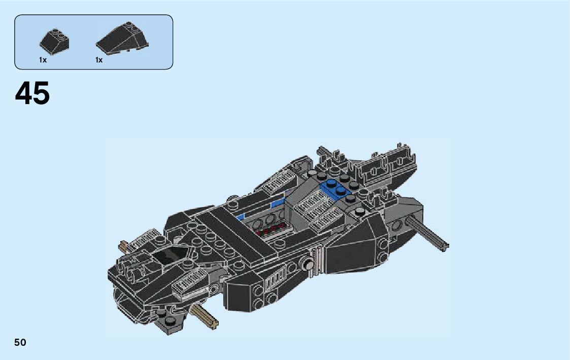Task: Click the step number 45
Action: (x=32, y=94)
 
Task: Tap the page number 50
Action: (x=20, y=342)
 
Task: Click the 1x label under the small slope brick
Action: (x=43, y=60)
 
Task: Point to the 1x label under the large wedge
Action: (x=99, y=60)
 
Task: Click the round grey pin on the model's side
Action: (x=307, y=264)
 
